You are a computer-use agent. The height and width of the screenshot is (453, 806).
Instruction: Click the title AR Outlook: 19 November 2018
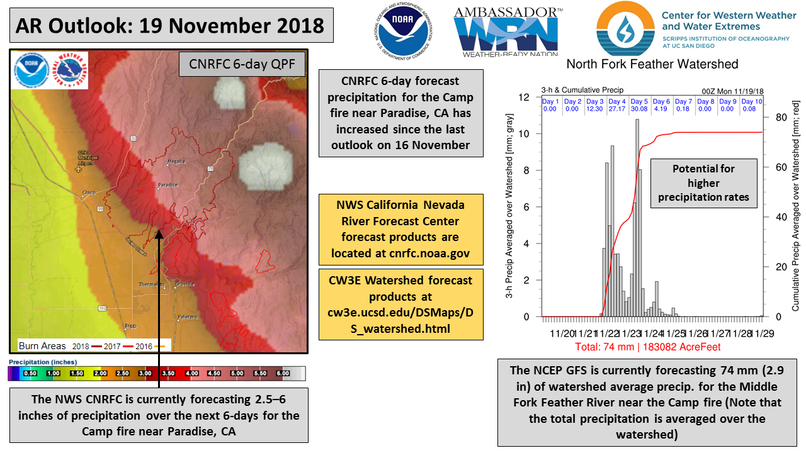[170, 25]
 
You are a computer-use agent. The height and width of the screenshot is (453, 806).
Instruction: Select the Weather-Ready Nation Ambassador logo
[508, 31]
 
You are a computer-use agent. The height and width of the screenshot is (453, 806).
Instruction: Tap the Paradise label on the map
[167, 185]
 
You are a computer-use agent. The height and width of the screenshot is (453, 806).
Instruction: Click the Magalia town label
[175, 162]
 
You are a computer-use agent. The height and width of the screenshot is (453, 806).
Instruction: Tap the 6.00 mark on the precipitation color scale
[282, 373]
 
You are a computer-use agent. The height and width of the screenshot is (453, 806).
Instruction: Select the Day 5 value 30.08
[639, 109]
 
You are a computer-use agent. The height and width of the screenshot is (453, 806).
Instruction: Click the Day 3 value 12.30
[595, 109]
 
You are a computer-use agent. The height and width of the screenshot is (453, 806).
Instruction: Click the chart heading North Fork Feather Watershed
[652, 64]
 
